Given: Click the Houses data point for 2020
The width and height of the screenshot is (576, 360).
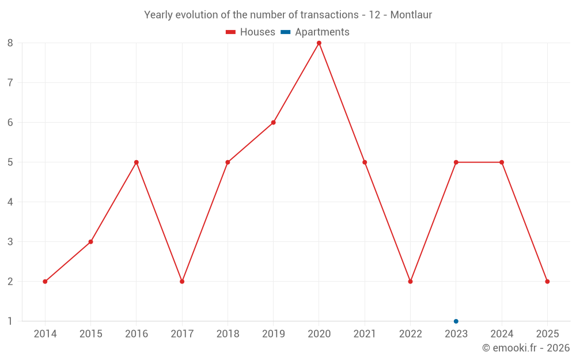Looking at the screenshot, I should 319,43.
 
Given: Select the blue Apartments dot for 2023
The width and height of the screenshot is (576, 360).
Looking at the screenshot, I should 456,321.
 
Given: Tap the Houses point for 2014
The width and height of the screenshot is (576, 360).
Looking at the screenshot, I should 45,282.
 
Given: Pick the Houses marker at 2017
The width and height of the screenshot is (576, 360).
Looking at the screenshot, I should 182,282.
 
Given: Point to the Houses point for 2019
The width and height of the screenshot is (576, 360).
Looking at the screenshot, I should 274,123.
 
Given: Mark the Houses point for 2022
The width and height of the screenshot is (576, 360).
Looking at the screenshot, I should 410,282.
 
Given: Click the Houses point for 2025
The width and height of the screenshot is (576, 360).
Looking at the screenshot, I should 547,282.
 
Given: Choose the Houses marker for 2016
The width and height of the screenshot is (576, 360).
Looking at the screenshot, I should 137,162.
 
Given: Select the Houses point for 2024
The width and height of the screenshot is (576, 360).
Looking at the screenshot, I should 502,162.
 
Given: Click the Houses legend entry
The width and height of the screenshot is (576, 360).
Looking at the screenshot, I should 251,32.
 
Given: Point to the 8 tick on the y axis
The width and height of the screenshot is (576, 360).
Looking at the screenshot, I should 10,43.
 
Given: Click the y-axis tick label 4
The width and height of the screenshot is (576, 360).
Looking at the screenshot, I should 10,202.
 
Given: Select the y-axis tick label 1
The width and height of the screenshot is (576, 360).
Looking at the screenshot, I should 10,321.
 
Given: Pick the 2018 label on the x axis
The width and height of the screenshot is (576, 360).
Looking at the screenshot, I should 228,334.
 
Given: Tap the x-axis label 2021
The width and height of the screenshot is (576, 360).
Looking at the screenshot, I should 365,334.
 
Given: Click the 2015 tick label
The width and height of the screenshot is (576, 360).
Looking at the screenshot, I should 90,334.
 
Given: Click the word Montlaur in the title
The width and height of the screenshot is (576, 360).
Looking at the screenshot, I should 411,15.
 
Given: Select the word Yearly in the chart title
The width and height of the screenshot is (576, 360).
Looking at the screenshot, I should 158,15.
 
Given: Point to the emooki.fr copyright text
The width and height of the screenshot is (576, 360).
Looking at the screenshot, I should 526,348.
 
